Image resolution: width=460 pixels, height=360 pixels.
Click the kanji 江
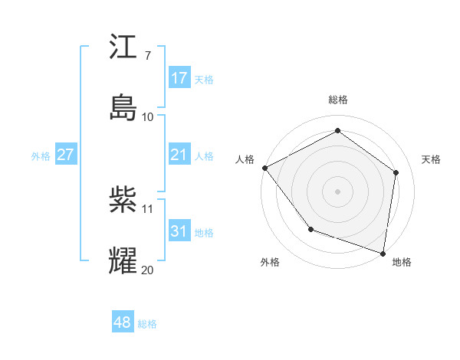(x=123, y=49)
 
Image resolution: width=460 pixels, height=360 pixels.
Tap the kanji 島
(x=123, y=106)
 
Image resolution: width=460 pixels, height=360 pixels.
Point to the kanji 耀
(x=123, y=260)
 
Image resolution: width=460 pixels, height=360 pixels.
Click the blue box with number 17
(x=179, y=78)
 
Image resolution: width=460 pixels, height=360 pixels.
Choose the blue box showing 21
(x=179, y=155)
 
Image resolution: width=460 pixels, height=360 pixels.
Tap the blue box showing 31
(x=179, y=231)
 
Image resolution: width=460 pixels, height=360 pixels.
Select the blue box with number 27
(x=65, y=155)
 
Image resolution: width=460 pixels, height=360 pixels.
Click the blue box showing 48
(x=123, y=322)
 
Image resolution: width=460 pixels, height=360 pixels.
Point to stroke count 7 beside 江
(x=147, y=56)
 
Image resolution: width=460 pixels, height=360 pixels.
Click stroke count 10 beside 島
(x=148, y=117)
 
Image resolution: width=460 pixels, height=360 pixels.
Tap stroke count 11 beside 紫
(x=148, y=208)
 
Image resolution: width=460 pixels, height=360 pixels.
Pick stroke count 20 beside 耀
(x=148, y=270)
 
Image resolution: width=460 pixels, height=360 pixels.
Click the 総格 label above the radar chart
(x=338, y=100)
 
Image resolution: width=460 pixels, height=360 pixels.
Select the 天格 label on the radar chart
(x=431, y=159)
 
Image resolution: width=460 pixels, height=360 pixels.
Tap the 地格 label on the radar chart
(x=402, y=263)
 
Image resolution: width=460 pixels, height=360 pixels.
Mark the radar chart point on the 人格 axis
(x=264, y=168)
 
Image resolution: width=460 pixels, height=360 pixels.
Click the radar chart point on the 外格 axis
(x=310, y=229)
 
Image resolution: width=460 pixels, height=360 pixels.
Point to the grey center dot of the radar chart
(x=338, y=191)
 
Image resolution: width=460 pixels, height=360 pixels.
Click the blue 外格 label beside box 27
(x=41, y=155)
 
